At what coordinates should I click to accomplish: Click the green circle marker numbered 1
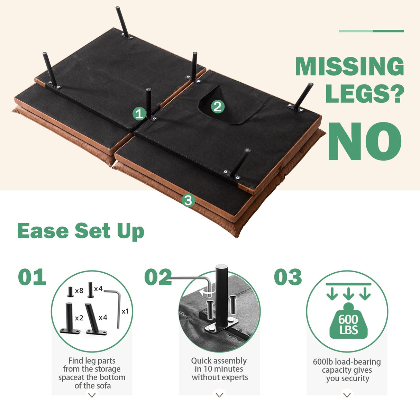pyautogui.click(x=139, y=113)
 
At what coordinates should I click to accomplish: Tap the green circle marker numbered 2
pyautogui.click(x=218, y=107)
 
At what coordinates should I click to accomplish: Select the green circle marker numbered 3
pyautogui.click(x=188, y=200)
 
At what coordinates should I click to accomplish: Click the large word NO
pyautogui.click(x=364, y=141)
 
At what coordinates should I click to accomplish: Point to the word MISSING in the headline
pyautogui.click(x=350, y=66)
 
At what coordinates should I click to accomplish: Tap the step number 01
pyautogui.click(x=32, y=277)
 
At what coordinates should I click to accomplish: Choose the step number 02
pyautogui.click(x=158, y=277)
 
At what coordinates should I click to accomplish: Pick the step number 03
pyautogui.click(x=288, y=277)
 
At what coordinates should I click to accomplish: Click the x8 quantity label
pyautogui.click(x=79, y=291)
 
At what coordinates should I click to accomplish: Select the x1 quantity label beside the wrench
pyautogui.click(x=125, y=311)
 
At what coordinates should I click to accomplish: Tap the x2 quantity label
pyautogui.click(x=79, y=318)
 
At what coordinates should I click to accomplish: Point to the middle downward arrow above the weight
pyautogui.click(x=348, y=294)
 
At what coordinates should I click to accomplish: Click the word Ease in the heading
pyautogui.click(x=43, y=231)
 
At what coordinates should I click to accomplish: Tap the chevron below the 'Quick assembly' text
pyautogui.click(x=219, y=395)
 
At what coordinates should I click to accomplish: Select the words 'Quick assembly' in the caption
pyautogui.click(x=219, y=361)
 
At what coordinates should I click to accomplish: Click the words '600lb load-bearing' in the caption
pyautogui.click(x=347, y=362)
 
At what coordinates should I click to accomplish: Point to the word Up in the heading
pyautogui.click(x=131, y=232)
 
